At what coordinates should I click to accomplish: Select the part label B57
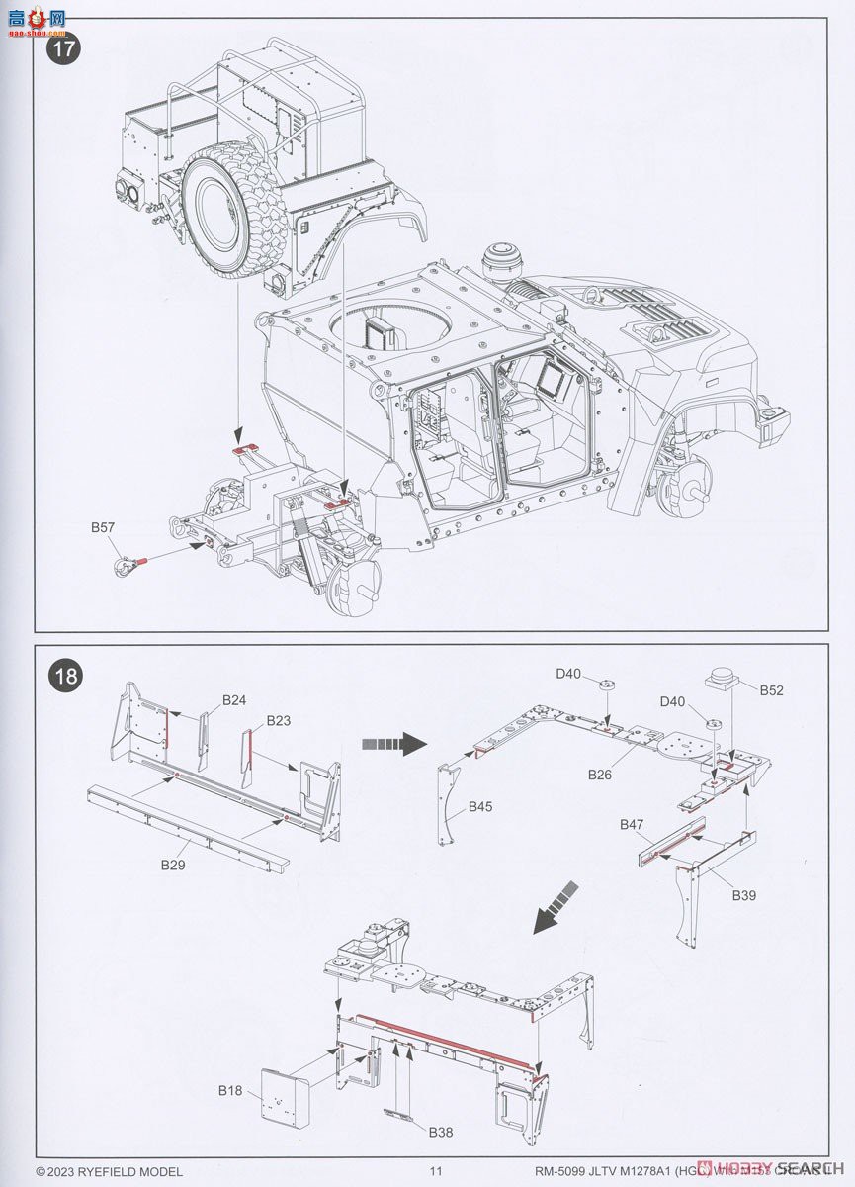[103, 528]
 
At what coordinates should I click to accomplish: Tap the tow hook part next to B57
[127, 566]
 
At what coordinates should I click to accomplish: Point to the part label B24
[234, 700]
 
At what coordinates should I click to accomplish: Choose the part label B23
[278, 721]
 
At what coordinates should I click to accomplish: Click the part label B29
[174, 864]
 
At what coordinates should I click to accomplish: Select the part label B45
[480, 807]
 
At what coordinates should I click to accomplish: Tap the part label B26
[600, 775]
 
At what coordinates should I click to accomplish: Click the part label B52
[771, 690]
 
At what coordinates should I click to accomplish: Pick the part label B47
[632, 824]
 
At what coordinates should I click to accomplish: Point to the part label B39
[744, 895]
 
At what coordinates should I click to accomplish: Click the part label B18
[229, 1090]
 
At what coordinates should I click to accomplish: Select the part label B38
[442, 1132]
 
